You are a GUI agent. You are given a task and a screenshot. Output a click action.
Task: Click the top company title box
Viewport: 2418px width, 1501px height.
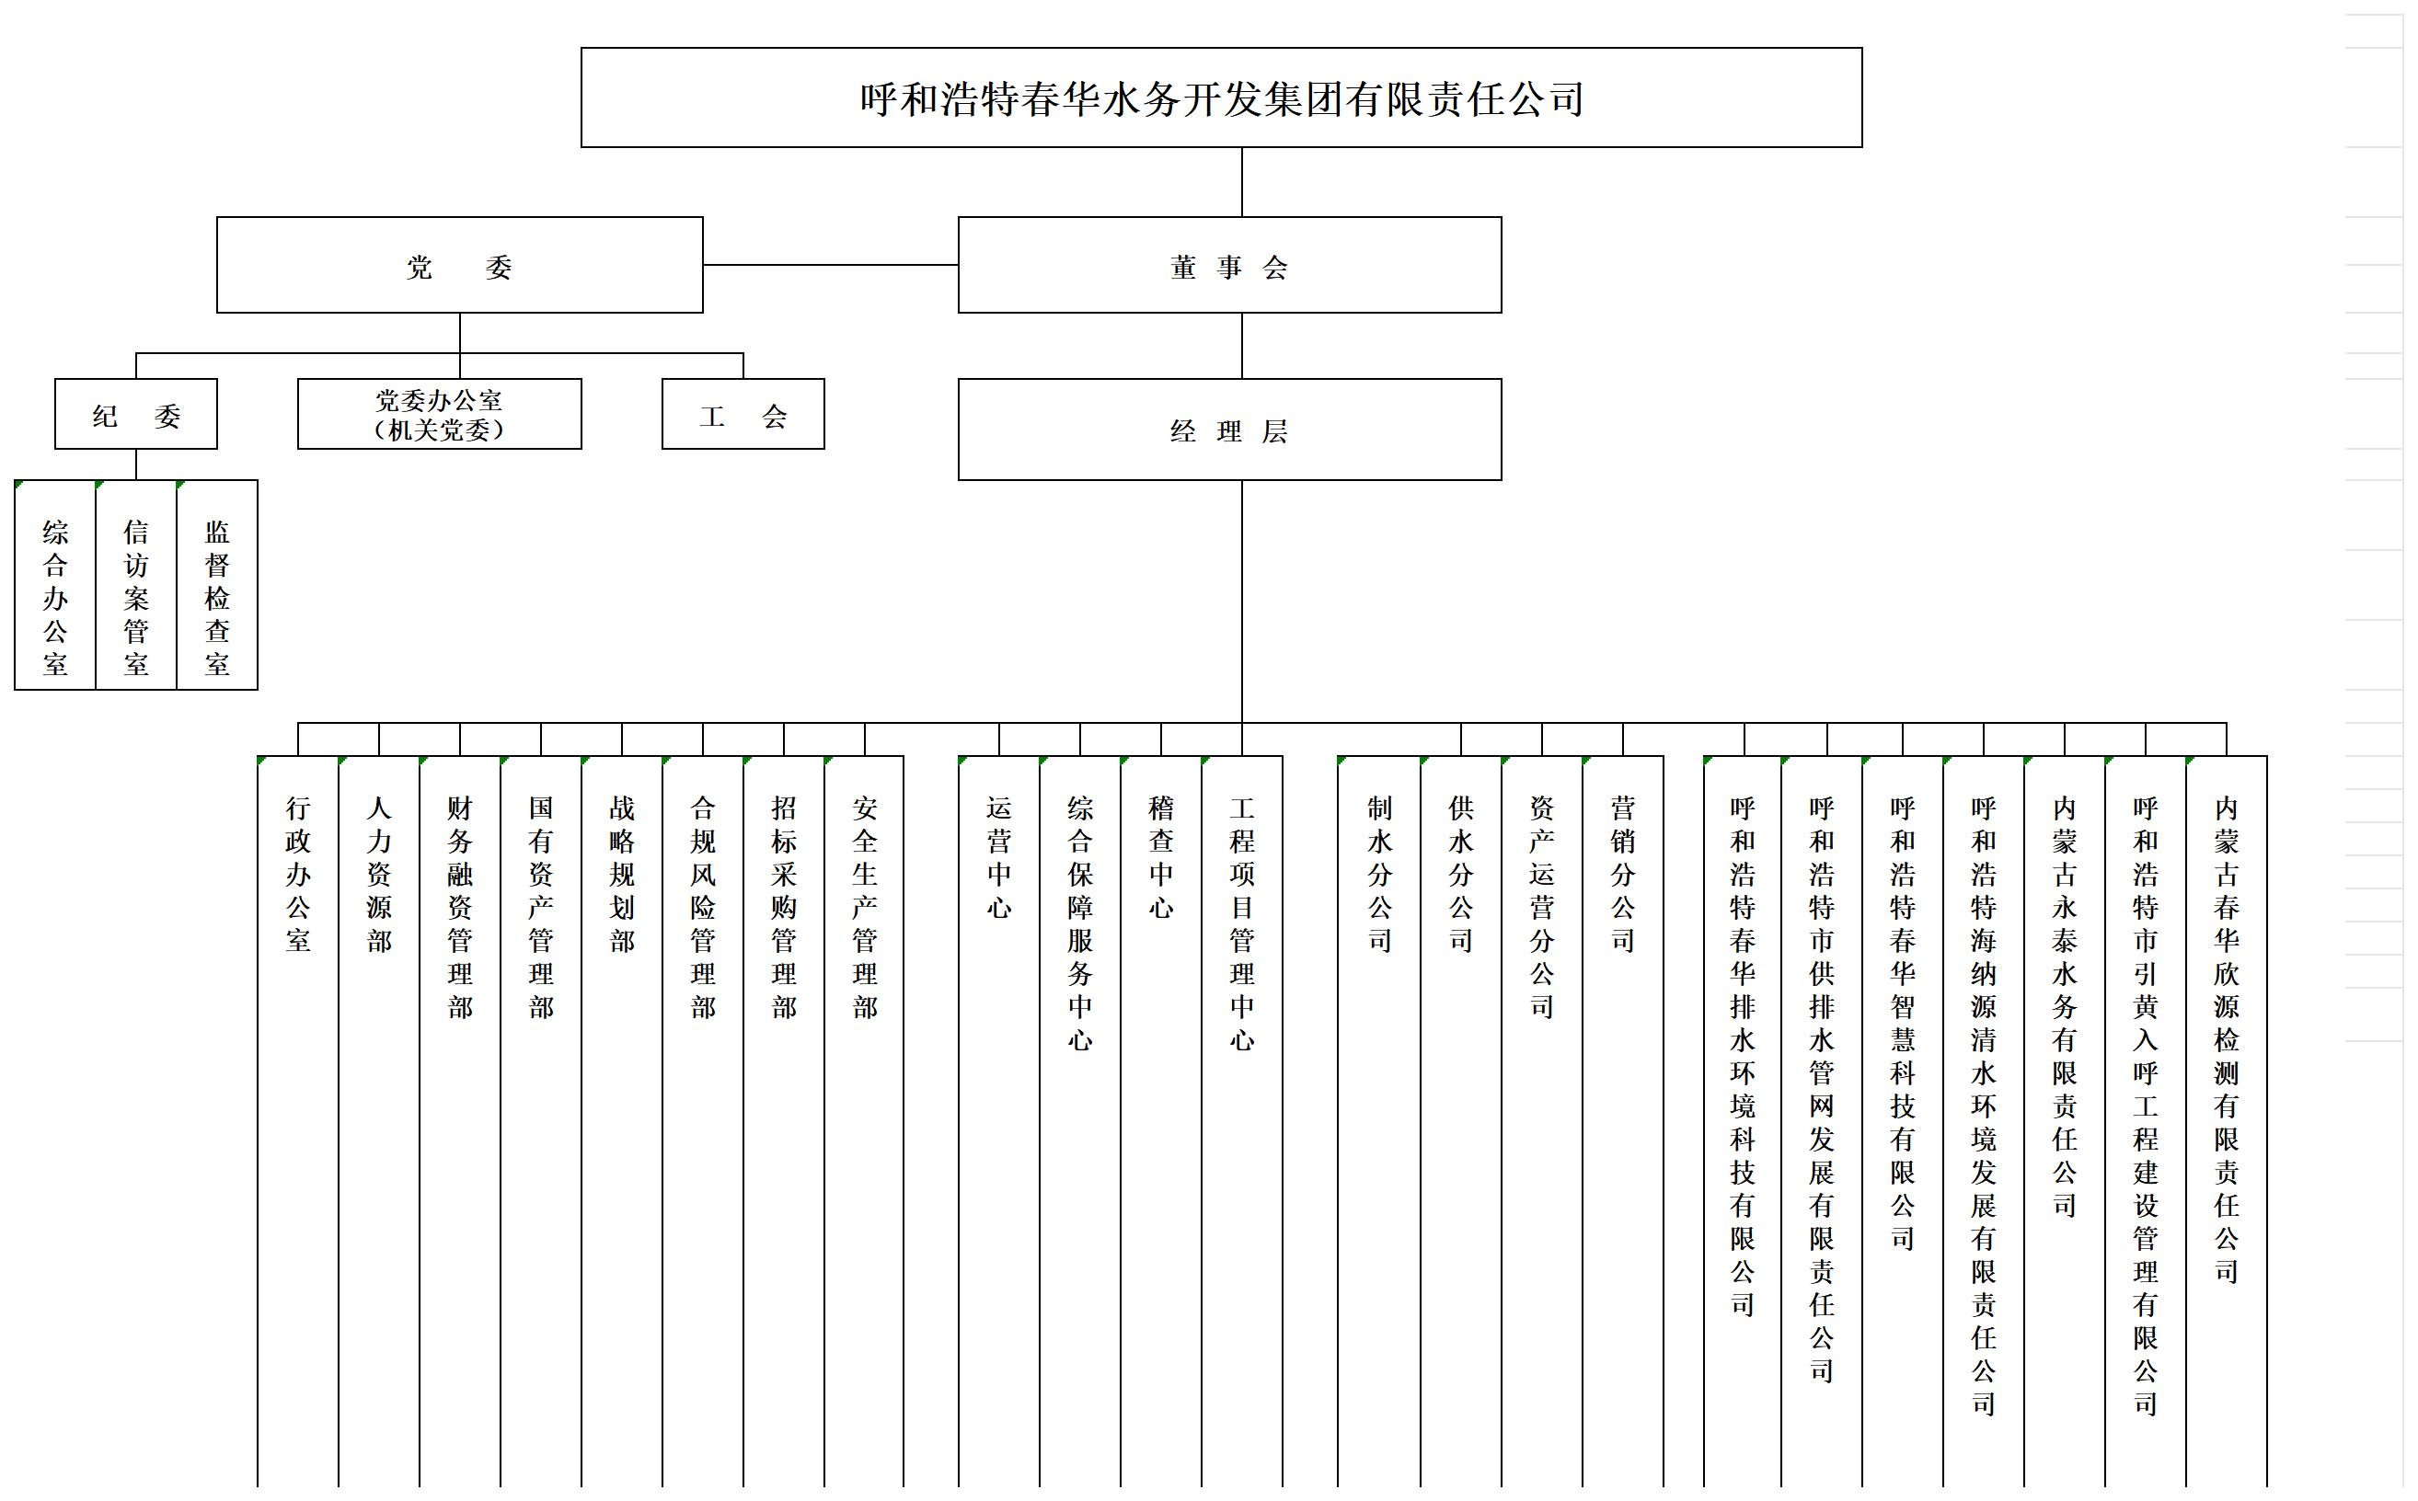point(1221,97)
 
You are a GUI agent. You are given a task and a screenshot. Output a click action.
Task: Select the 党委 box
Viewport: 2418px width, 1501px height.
point(460,265)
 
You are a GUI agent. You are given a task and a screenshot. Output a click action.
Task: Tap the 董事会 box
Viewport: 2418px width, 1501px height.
point(1229,265)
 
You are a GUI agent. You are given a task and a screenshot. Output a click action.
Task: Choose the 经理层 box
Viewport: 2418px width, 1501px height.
point(1229,430)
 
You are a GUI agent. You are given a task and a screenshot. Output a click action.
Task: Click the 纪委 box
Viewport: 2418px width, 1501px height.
point(136,414)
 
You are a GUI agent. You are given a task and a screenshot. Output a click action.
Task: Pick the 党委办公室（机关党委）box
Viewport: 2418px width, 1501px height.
point(440,414)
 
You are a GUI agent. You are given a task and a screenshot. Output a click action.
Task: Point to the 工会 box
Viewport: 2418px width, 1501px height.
point(743,414)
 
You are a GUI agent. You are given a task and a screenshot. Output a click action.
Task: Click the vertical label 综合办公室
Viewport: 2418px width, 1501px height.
point(55,598)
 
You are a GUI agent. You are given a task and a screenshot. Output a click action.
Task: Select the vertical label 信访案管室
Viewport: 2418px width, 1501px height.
point(136,598)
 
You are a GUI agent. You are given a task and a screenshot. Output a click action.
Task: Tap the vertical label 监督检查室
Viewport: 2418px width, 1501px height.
point(217,598)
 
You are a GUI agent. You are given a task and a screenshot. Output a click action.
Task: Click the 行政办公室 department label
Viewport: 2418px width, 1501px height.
point(298,874)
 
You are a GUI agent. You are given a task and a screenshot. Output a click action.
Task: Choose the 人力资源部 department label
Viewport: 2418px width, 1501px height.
point(379,874)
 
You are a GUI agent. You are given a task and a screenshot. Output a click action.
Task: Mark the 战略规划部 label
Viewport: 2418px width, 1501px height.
point(622,874)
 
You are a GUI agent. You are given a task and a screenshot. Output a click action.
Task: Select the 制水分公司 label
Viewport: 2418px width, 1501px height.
point(1380,874)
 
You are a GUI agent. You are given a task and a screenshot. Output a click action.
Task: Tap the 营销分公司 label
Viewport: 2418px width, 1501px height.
point(1623,874)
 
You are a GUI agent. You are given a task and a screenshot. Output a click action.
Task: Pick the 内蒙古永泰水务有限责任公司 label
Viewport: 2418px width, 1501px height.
point(2065,1006)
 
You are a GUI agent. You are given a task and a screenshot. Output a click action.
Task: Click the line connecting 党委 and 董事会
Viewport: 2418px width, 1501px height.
point(831,265)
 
